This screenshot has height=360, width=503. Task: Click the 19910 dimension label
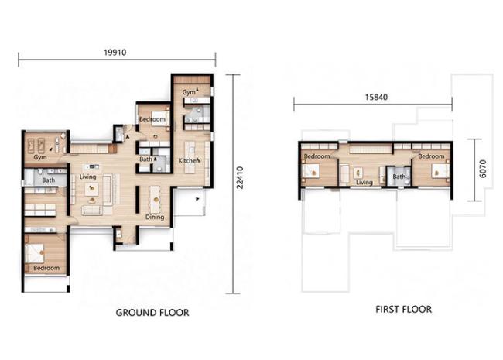pos(115,53)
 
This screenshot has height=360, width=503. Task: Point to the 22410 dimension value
pos(240,177)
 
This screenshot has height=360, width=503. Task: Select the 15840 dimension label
pos(376,97)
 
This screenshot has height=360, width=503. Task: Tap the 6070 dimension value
pos(483,169)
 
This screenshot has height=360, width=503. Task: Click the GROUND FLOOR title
pos(152,313)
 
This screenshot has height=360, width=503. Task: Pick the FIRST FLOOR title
pos(403,310)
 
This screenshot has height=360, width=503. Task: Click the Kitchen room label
pos(189,160)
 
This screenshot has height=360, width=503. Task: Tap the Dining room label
pos(155,218)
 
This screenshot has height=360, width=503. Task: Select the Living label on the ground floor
pos(87,177)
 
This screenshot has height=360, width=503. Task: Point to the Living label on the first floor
pos(364,183)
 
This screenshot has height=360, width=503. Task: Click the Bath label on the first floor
pos(399,177)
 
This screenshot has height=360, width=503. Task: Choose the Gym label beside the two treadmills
pos(40,157)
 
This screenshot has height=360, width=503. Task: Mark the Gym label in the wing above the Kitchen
pos(189,92)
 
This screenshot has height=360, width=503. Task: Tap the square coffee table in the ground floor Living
pos(91,190)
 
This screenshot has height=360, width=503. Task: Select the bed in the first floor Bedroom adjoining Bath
pos(440,170)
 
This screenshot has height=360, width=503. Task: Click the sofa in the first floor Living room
pos(344,174)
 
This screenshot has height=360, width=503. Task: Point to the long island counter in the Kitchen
pos(190,157)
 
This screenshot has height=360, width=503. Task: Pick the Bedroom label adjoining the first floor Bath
pos(431,156)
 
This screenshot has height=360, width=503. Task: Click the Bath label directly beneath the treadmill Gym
pos(49,180)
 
